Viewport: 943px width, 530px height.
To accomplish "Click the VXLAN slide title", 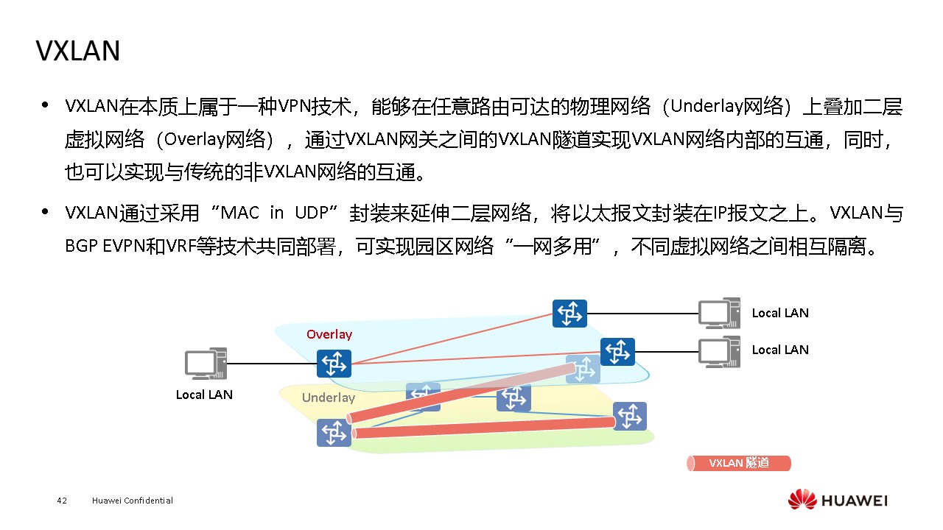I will pos(78,51).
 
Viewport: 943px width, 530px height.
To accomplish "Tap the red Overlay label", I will pos(329,334).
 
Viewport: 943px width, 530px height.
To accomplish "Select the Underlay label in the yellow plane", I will pos(329,397).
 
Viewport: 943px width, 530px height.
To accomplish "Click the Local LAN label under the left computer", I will pos(204,395).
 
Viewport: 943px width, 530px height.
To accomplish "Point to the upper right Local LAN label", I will pos(780,313).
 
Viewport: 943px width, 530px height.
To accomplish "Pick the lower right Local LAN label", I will pos(780,350).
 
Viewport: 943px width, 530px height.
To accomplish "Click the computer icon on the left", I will pos(205,364).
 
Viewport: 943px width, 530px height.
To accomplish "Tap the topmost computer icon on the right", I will pos(718,313).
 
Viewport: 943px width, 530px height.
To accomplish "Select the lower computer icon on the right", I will pos(718,352).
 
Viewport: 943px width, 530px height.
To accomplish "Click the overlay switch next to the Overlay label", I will pos(334,364).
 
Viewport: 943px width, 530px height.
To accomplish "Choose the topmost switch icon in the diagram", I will pos(569,314).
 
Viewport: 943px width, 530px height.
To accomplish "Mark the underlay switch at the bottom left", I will pos(334,432).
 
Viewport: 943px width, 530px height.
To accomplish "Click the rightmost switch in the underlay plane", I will pos(629,416).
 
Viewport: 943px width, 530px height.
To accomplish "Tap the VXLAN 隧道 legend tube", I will pos(738,463).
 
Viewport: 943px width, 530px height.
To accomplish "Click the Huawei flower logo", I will pos(802,500).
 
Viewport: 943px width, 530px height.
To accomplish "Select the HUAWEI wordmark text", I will pos(855,501).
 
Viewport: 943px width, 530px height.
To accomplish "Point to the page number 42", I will pos(62,501).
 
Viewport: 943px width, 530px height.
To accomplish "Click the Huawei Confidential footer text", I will pos(133,501).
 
